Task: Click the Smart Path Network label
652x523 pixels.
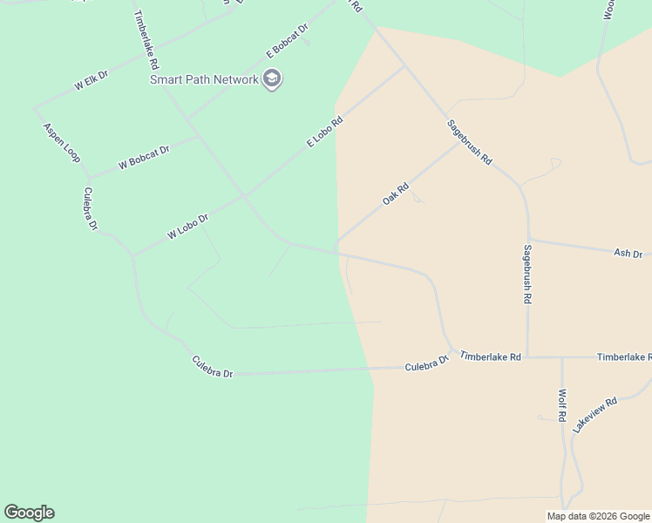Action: (x=204, y=79)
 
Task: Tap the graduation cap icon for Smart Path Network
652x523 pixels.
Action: (x=272, y=80)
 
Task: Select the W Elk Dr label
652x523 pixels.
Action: (x=91, y=81)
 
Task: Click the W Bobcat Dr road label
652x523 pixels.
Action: (x=144, y=157)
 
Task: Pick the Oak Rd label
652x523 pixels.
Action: (x=396, y=194)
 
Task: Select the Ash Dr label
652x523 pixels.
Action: (x=628, y=253)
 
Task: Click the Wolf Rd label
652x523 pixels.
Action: (x=563, y=406)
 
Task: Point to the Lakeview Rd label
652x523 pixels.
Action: (x=594, y=415)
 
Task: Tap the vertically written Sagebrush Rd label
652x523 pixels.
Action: (x=527, y=274)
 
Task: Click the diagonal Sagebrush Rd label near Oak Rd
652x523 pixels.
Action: (x=470, y=142)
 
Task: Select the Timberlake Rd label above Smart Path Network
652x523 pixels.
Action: (x=145, y=40)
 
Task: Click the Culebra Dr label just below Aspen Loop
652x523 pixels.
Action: (x=91, y=208)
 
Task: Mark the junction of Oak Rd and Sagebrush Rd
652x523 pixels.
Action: (x=458, y=143)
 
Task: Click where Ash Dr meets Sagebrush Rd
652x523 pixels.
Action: (x=528, y=240)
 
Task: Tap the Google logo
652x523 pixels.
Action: (x=29, y=513)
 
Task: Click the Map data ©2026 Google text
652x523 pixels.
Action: (x=599, y=516)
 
